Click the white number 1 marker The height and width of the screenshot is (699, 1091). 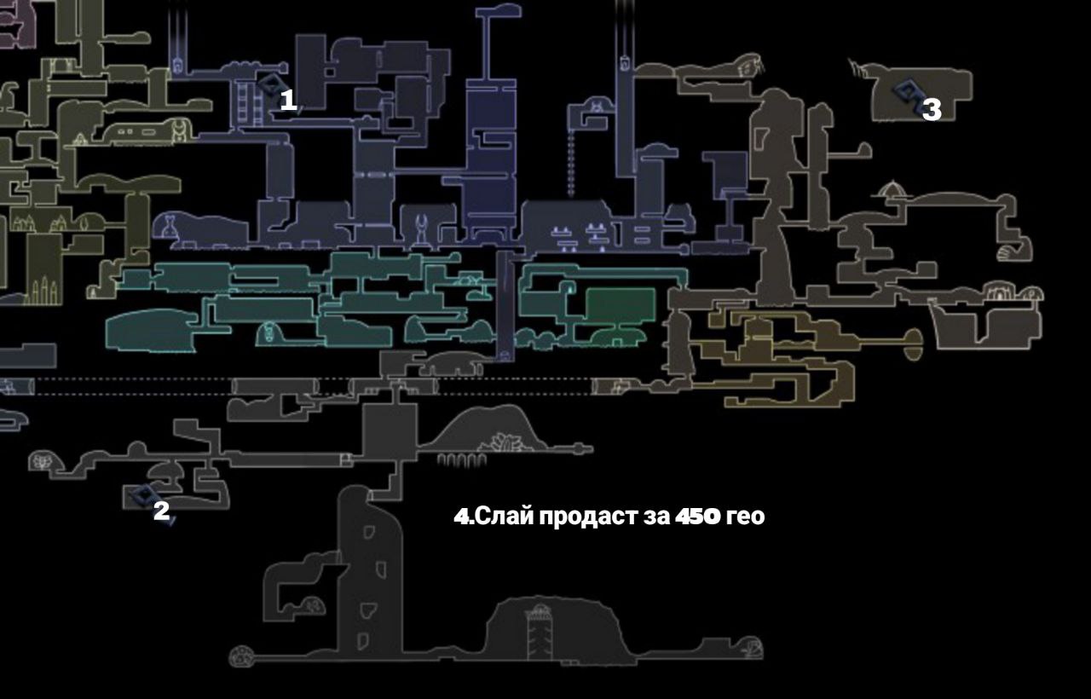pos(288,101)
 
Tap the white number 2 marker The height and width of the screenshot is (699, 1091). pos(160,511)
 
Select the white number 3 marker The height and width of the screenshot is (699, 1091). pos(932,109)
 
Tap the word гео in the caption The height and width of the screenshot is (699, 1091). pos(745,517)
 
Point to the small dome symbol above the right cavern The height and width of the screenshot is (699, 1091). pos(892,189)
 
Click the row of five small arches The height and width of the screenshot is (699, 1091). pos(462,460)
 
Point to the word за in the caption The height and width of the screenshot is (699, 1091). pos(654,517)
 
